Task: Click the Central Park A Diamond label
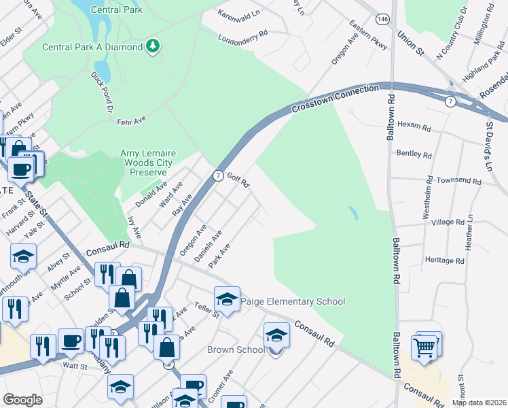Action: point(92,47)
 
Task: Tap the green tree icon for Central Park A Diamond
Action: point(154,46)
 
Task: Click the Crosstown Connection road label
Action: point(335,99)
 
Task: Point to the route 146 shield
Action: point(384,20)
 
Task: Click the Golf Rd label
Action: point(238,180)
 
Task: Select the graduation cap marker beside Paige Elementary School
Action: point(227,299)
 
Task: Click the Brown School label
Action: point(236,350)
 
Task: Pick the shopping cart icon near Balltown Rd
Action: point(425,347)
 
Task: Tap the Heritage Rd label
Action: point(443,260)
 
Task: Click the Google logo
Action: point(22,400)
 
